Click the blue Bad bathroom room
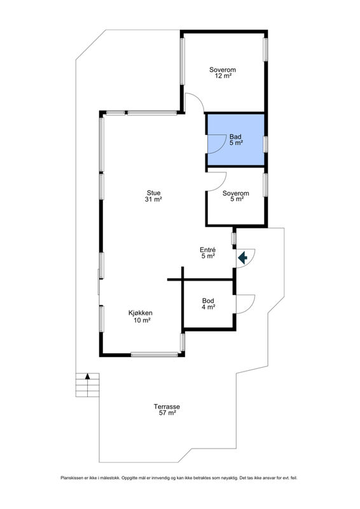(x=236, y=139)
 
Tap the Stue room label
(x=153, y=196)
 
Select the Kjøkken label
(x=140, y=316)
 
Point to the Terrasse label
(x=167, y=410)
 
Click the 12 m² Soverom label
(x=223, y=73)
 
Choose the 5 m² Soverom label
(x=236, y=196)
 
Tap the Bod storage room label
(x=208, y=304)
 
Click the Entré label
(x=208, y=253)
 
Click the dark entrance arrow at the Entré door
(x=243, y=258)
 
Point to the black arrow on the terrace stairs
(x=87, y=376)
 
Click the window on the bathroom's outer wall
(x=265, y=144)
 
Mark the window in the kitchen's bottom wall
(x=155, y=355)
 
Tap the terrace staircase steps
(x=87, y=385)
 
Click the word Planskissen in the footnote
(x=71, y=478)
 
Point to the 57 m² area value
(x=167, y=413)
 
